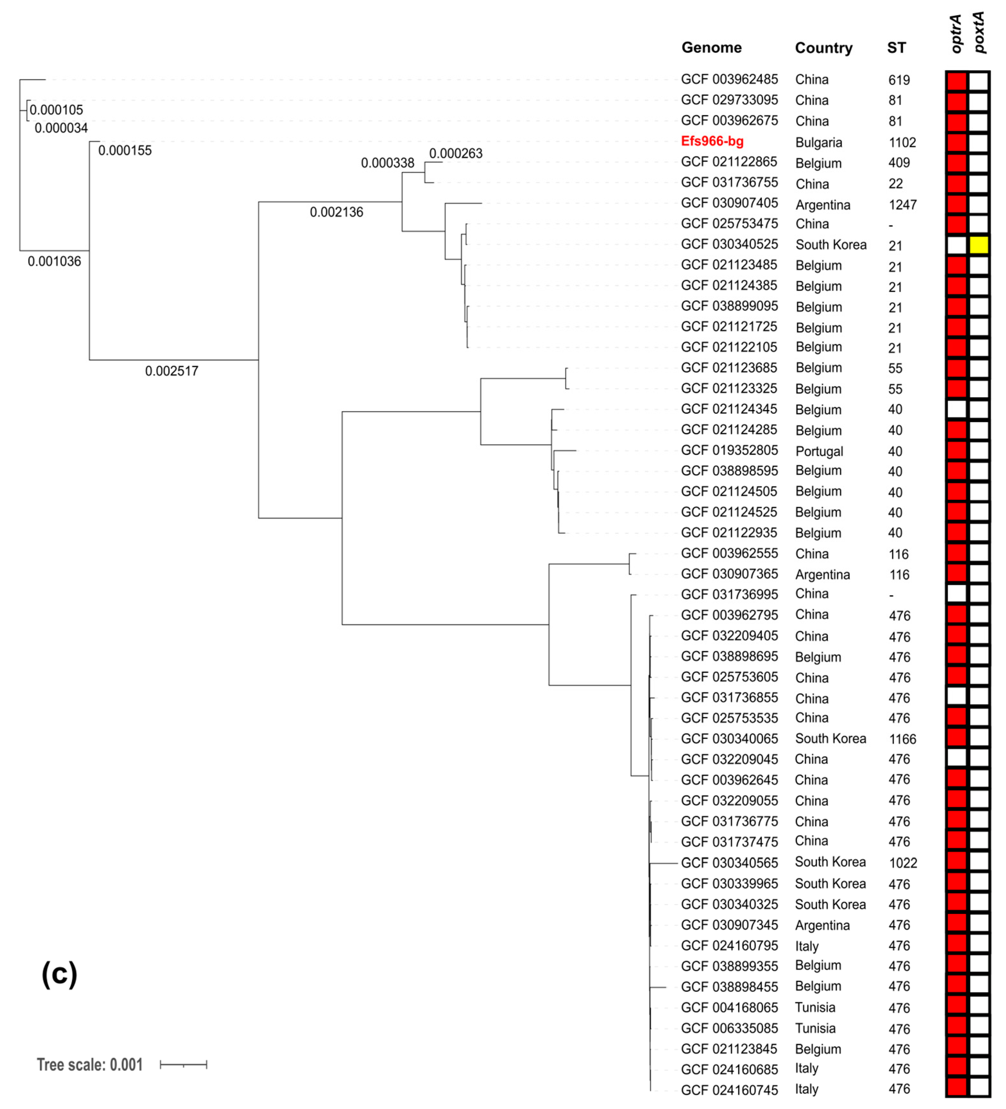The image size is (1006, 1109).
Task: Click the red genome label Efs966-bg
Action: coord(712,141)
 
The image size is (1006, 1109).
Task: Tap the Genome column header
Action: coord(711,48)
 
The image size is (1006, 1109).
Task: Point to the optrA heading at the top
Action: coord(957,34)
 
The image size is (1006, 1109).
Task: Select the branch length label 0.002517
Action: coord(172,371)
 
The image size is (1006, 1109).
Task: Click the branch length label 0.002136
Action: coord(336,212)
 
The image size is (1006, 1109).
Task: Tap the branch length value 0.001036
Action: coord(55,261)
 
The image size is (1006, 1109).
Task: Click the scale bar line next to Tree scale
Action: coord(183,1065)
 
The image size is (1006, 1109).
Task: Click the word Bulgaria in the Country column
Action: coord(818,142)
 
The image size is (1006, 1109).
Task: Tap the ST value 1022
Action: coord(903,863)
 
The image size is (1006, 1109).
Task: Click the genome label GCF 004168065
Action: coord(729,1007)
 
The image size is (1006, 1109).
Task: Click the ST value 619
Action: coord(899,80)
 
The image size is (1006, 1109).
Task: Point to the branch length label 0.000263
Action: coord(456,153)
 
